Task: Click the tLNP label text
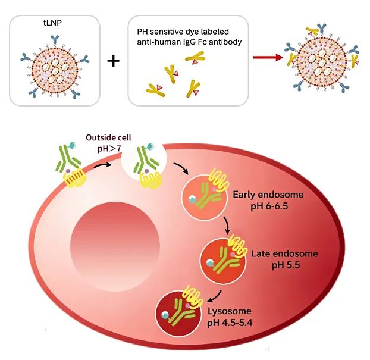click(52, 23)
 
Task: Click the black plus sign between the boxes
click(114, 61)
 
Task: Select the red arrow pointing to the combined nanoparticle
click(268, 57)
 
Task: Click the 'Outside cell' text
click(108, 137)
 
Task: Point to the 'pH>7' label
click(109, 149)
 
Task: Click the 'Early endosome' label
click(268, 195)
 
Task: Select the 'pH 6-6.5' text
click(269, 206)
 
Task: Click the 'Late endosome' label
click(284, 253)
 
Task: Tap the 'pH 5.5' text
click(286, 265)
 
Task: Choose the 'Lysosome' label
click(230, 311)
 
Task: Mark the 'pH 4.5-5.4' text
click(230, 323)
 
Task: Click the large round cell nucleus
click(115, 246)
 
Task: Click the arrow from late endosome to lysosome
click(216, 296)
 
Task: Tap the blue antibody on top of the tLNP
click(55, 40)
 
